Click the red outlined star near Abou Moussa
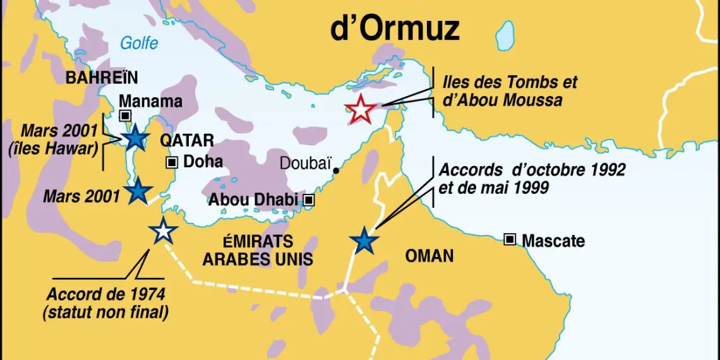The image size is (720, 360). pos(361,109)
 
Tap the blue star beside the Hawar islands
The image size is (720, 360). pos(135,137)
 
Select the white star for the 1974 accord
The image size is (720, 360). pos(163,232)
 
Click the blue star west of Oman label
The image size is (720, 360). pos(363,241)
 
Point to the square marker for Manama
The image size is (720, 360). pos(125,116)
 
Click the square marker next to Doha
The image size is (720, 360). pos(172,162)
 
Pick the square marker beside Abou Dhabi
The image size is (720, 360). pos(309,200)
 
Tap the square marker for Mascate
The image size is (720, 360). pos(510,239)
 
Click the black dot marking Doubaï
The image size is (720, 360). pos(336,171)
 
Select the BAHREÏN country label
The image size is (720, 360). pos(102,78)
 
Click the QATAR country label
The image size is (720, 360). pos(187,140)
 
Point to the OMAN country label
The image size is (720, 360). pos(429,256)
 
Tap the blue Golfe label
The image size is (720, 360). pos(140,44)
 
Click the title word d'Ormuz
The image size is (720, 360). pos(395,28)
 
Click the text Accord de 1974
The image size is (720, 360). pos(106,294)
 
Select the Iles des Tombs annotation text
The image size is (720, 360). pos(510,83)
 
